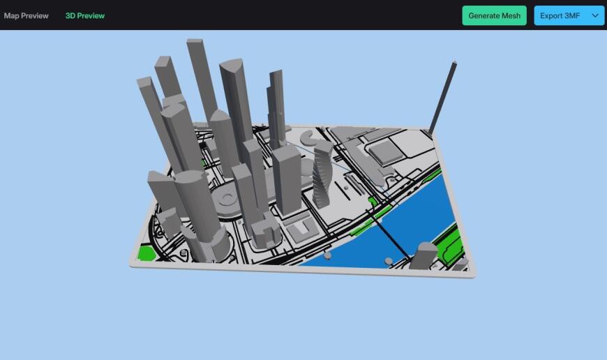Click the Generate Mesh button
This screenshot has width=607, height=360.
494,15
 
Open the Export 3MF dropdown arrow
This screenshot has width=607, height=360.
595,15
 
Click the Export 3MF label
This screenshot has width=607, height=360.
560,15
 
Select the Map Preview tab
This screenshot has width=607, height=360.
26,15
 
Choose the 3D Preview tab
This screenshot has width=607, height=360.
85,15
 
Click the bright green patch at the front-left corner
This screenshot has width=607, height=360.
147,253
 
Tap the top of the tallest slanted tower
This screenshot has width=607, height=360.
195,43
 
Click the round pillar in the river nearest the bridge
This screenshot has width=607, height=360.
388,261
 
